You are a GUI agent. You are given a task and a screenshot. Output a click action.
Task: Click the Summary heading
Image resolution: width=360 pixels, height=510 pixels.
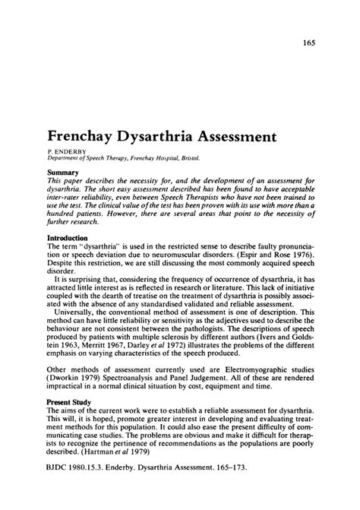62,172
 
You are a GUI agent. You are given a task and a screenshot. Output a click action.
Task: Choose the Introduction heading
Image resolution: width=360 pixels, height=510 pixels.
68,238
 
